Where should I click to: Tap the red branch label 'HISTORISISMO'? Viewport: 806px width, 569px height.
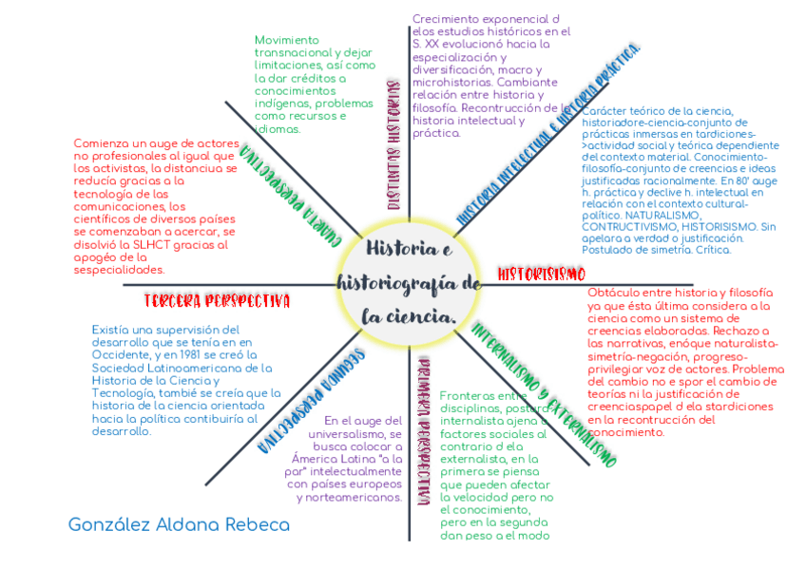point(541,275)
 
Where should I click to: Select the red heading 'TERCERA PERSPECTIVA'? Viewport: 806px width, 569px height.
point(217,301)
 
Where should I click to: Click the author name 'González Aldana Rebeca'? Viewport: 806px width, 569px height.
point(179,524)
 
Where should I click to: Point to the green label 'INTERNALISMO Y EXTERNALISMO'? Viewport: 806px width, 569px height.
point(543,393)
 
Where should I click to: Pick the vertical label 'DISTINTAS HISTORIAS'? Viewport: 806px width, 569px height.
point(393,143)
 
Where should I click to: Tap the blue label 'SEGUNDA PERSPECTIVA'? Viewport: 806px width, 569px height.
point(312,400)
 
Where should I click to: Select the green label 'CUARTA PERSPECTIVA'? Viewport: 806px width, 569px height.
point(290,199)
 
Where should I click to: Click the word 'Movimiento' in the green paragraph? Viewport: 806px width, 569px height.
point(288,40)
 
